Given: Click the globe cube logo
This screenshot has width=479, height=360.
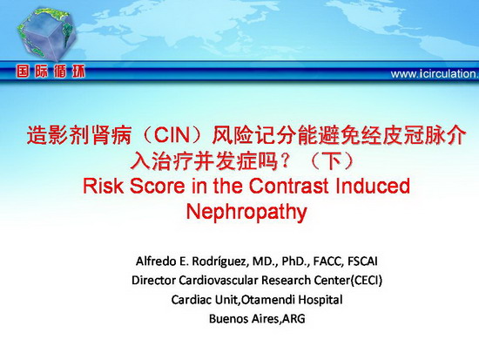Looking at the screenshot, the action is [46, 34].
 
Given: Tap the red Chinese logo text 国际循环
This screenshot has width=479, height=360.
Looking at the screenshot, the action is [51, 71].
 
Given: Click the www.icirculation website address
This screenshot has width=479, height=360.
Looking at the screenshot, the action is [435, 74].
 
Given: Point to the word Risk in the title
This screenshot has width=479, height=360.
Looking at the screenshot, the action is [104, 186].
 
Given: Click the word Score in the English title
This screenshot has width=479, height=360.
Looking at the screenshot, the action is [158, 186].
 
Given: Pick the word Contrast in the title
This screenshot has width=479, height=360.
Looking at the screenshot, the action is [288, 186].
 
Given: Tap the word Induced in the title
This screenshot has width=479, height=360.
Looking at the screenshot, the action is [373, 186].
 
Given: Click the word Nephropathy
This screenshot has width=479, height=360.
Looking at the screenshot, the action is [246, 212].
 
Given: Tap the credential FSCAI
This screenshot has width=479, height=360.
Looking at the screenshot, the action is [362, 262].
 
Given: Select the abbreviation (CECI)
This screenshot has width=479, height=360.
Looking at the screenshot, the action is [367, 280].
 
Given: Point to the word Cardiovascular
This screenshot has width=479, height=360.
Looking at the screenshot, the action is [218, 280].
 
